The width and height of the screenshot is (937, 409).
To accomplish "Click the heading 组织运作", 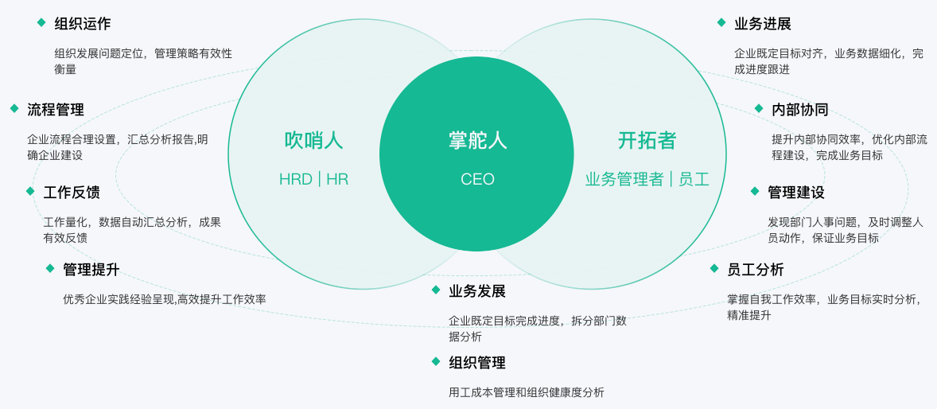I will coord(83,24).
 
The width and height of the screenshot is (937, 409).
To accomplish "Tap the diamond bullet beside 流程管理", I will coord(14,108).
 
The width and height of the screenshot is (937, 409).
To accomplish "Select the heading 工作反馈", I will coord(72,192).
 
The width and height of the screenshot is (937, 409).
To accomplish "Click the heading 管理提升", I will coord(91,270).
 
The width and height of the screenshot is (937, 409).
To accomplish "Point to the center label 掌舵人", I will coord(477,141).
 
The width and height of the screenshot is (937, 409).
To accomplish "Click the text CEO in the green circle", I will coord(477,179).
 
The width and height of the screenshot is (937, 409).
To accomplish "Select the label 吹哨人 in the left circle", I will coord(313,141).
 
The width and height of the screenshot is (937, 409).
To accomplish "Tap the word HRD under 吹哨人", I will coord(295,179).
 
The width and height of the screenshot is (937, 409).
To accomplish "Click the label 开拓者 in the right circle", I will coord(647,141).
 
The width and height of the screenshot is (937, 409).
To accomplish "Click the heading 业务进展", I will coord(763,24).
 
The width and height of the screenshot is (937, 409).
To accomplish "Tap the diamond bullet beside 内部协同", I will coord(759,108).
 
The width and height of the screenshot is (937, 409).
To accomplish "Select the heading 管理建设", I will coord(796,192).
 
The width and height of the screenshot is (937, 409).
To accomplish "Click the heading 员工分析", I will coord(756,270).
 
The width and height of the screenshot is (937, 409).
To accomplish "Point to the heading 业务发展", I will coord(477,291).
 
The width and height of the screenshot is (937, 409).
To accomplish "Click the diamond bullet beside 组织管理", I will coord(436,361).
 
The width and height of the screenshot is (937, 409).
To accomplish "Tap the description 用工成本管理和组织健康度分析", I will coord(527,392).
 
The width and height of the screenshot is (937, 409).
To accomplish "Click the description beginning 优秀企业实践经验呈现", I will coord(165,299).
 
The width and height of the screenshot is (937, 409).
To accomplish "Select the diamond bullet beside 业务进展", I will coord(721,22).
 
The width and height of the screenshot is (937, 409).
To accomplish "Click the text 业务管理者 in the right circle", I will coord(624,179).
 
